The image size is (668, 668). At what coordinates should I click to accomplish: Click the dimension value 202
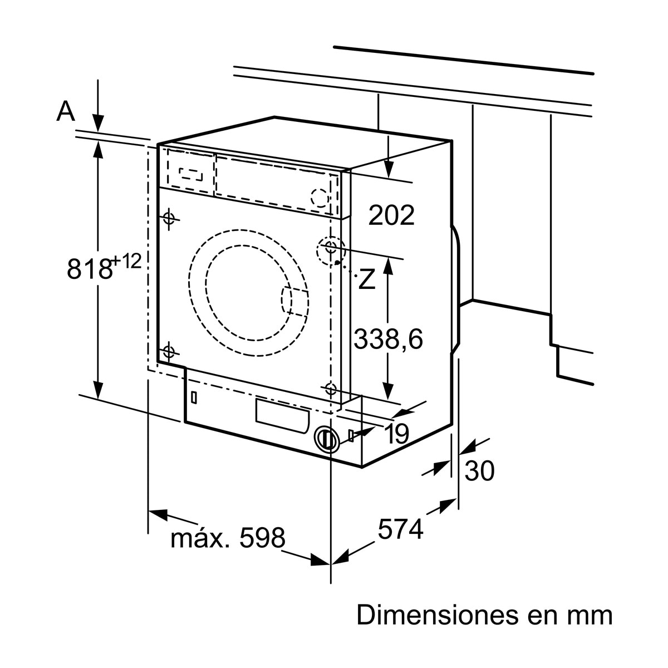392,215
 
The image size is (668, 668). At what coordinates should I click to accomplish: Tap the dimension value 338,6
389,338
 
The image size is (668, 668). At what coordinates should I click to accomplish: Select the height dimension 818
89,269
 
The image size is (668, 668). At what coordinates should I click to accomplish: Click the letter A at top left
66,112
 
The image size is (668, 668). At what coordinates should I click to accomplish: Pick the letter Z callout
366,279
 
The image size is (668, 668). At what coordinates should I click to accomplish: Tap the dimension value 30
479,471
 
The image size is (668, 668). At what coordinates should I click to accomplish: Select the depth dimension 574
401,529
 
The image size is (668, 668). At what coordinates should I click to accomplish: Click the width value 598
262,538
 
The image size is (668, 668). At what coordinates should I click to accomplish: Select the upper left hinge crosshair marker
170,218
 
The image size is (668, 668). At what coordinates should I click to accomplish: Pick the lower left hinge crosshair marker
169,352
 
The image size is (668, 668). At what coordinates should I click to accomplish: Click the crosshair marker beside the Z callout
331,247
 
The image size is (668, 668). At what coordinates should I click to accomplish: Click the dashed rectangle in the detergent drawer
191,174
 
